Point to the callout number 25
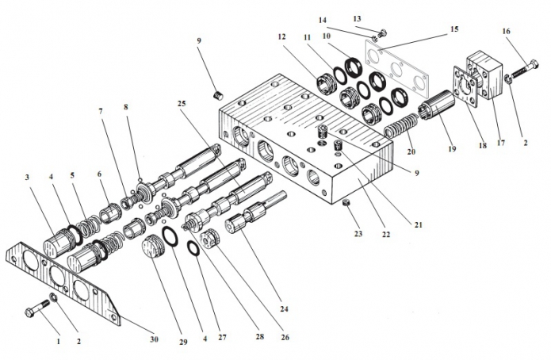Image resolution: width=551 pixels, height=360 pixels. click(x=183, y=104)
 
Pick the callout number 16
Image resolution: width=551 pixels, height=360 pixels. click(x=506, y=31)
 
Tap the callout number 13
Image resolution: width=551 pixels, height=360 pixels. click(x=379, y=17)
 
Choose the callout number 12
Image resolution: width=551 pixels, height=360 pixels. click(x=281, y=36)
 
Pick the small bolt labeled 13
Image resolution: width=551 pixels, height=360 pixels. click(x=383, y=33)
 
